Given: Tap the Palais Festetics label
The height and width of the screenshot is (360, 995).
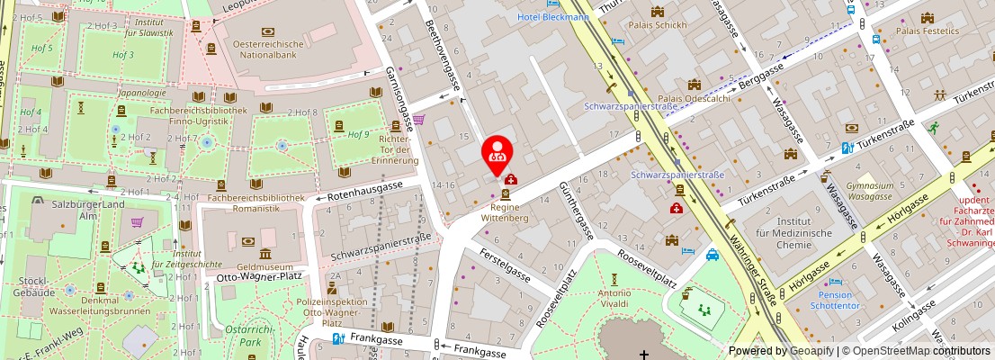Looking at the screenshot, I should (x=928, y=31).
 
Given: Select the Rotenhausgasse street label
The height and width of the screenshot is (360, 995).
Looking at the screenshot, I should (x=364, y=188).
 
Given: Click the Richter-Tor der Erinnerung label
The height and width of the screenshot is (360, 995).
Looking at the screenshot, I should (x=399, y=150).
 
